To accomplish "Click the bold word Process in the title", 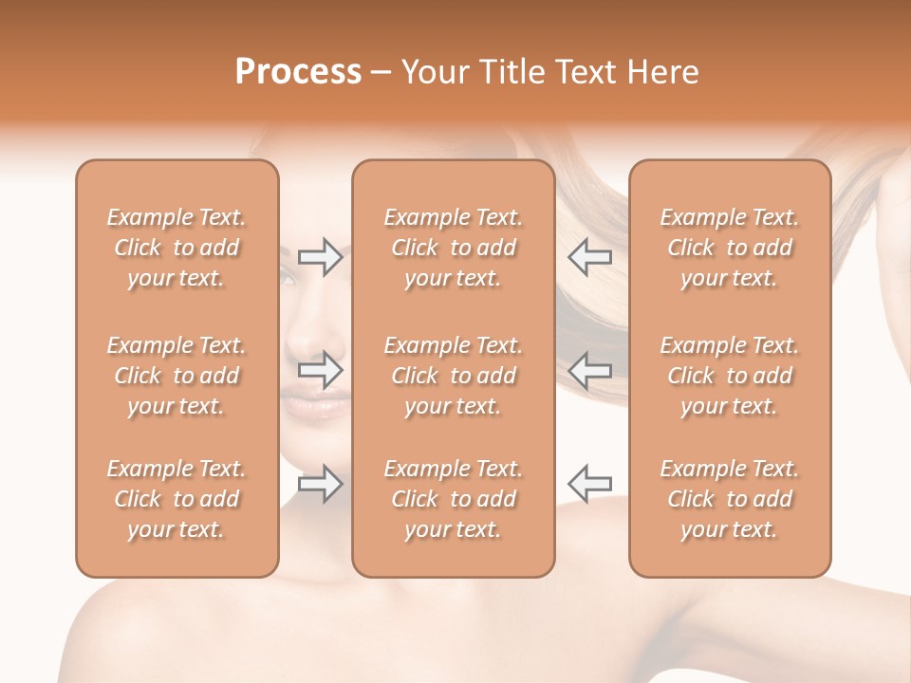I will [298, 72].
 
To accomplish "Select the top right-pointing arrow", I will [320, 257].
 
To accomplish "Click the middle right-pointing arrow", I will [320, 369].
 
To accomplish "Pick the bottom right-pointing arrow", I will [320, 484].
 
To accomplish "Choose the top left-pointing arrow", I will [590, 257].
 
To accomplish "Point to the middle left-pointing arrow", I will [590, 369].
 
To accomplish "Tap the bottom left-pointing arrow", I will [590, 484].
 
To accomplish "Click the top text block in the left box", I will [177, 248].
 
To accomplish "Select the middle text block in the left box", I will [177, 376].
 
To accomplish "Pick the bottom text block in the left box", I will [177, 499].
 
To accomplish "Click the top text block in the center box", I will [453, 248].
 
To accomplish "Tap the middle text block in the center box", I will [453, 376].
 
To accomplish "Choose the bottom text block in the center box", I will [453, 499].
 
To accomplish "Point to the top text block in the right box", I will [729, 248].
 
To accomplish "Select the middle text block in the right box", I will [729, 376].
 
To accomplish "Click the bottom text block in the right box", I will [729, 499].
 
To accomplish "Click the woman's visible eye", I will [287, 277].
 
